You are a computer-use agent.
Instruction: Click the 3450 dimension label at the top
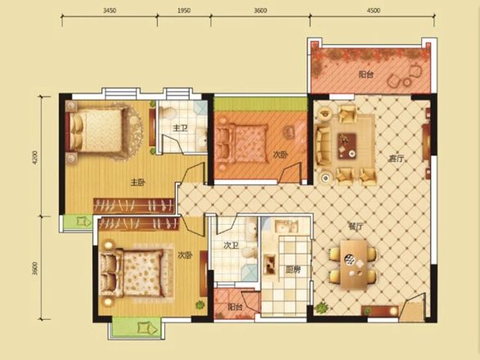[110, 11]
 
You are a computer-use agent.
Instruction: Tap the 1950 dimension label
[184, 11]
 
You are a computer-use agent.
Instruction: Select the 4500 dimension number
[374, 11]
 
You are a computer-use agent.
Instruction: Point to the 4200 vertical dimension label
[35, 158]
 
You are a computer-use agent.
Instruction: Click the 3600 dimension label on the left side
[35, 268]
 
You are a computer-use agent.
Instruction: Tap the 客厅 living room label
[396, 159]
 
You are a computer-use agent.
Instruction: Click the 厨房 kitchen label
[293, 270]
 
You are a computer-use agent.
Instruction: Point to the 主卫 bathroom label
[180, 128]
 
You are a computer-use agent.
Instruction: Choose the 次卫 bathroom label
[231, 245]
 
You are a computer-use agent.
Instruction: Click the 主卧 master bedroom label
[137, 182]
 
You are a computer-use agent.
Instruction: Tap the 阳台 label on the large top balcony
[366, 74]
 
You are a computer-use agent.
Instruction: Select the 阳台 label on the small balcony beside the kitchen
[236, 307]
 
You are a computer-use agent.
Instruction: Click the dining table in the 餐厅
[353, 265]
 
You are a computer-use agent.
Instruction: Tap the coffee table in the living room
[347, 146]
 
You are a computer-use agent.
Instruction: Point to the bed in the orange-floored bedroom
[242, 143]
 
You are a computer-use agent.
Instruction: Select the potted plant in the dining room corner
[321, 308]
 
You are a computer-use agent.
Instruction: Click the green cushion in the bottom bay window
[145, 328]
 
